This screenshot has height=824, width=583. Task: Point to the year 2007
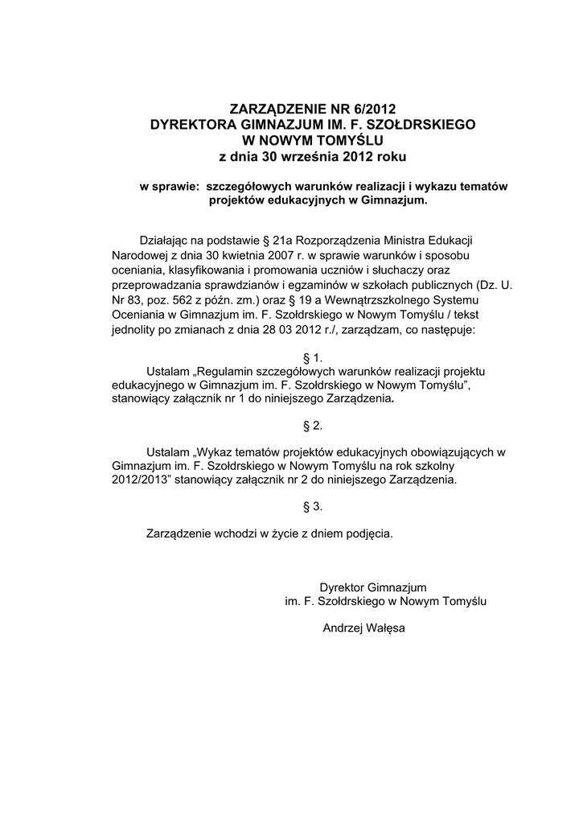(x=286, y=255)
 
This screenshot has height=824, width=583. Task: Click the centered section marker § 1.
(x=311, y=356)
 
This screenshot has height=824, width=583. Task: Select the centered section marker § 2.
(x=311, y=424)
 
